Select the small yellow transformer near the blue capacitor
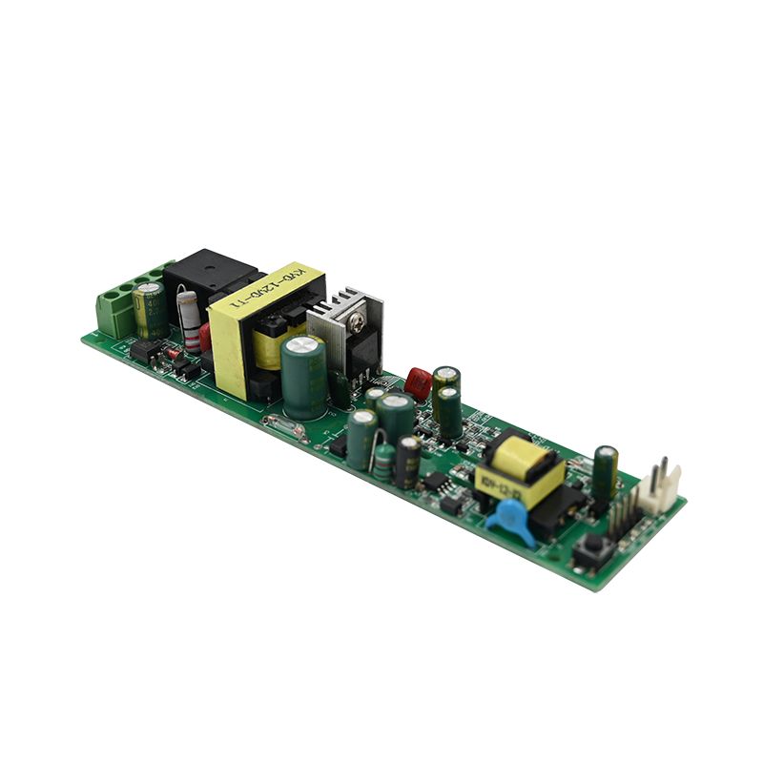(520, 469)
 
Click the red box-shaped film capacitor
(418, 382)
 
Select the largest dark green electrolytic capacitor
(304, 376)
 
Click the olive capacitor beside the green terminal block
(150, 310)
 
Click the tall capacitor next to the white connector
(604, 473)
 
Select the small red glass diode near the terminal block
(174, 354)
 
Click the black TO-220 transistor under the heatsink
(362, 358)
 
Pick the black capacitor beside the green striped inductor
(408, 461)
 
